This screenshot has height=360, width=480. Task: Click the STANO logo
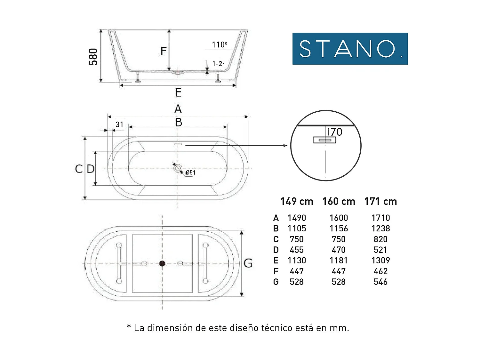[x=350, y=49]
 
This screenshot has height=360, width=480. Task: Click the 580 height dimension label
[x=93, y=57]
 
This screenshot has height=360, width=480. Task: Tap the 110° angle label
[x=220, y=44]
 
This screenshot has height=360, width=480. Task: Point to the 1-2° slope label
[x=218, y=64]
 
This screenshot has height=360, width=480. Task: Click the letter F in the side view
[x=164, y=51]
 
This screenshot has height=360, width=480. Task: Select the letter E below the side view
[x=178, y=93]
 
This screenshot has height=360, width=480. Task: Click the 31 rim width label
[x=119, y=124]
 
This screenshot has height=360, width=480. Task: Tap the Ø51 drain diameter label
[x=190, y=172]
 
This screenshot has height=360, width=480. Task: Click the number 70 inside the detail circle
[x=336, y=132]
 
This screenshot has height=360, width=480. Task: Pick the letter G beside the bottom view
[x=248, y=263]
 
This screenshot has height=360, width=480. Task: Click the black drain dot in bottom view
[x=162, y=263]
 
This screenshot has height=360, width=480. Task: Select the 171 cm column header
[x=380, y=201]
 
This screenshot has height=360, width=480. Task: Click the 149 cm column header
[x=297, y=201]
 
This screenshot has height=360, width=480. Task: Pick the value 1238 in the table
[x=380, y=228]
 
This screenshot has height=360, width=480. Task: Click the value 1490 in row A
[x=297, y=218]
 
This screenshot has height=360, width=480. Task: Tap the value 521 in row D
[x=380, y=250]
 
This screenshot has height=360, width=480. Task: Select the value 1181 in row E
[x=339, y=260]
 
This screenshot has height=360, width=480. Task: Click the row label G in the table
[x=276, y=282]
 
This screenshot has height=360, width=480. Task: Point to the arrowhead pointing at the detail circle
[x=285, y=146]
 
